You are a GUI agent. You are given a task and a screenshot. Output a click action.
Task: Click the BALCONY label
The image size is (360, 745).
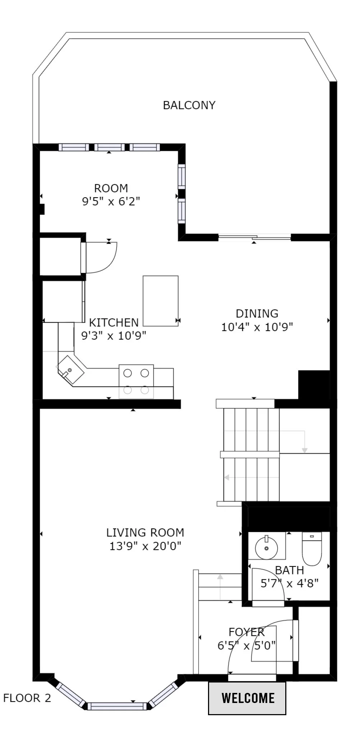pyautogui.click(x=189, y=105)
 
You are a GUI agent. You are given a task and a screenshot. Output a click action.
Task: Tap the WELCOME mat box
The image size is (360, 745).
pyautogui.click(x=247, y=698)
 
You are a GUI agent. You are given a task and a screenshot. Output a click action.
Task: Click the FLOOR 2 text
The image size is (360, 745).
pyautogui.click(x=27, y=698)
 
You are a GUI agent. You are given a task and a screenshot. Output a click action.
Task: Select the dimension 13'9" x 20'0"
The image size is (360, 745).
pyautogui.click(x=145, y=546)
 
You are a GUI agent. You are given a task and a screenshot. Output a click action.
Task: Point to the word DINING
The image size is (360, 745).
pyautogui.click(x=257, y=313)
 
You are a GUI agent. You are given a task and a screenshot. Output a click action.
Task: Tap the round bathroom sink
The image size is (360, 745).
pyautogui.click(x=266, y=548)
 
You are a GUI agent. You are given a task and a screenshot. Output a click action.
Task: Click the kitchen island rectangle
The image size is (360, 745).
pyautogui.click(x=161, y=301)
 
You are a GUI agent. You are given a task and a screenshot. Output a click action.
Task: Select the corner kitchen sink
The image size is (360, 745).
pyautogui.click(x=70, y=370)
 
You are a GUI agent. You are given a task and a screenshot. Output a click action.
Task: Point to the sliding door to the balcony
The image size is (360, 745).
pyautogui.click(x=254, y=237)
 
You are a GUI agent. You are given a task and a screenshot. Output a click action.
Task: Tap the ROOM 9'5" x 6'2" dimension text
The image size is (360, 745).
pyautogui.click(x=111, y=201)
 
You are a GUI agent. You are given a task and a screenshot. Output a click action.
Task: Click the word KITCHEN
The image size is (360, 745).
pyautogui.click(x=114, y=322)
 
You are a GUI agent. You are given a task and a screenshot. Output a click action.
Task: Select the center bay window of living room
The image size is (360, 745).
pyautogui.click(x=117, y=706)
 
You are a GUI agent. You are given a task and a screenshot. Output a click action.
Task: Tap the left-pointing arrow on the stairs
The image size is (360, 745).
pyautogui.click(x=227, y=477)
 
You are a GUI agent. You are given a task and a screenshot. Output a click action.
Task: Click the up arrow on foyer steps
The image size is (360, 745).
pyautogui.click(x=220, y=577)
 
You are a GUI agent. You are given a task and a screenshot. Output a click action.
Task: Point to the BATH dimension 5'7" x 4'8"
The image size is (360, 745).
pyautogui.click(x=290, y=583)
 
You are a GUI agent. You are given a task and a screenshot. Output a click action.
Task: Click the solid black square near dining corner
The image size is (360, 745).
pyautogui.click(x=314, y=385)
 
